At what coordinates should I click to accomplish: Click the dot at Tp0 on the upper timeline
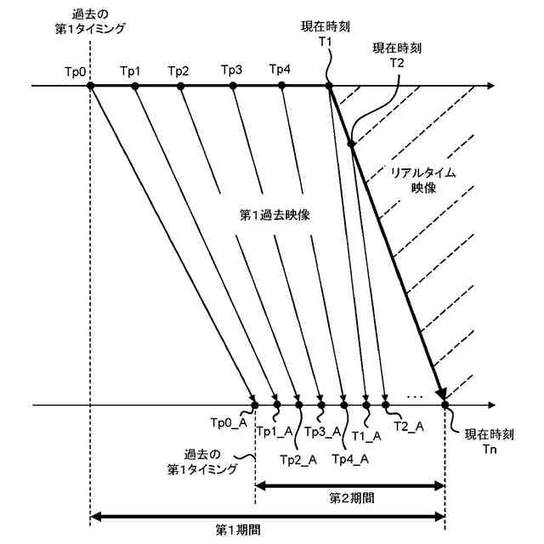[91, 86]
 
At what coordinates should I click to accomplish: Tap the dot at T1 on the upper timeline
[329, 86]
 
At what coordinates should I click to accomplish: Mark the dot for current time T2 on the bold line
[351, 144]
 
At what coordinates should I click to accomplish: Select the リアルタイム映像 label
[422, 179]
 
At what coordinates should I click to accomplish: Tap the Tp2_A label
[298, 460]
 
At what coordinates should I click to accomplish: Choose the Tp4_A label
[349, 460]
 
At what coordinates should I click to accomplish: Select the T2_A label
[409, 426]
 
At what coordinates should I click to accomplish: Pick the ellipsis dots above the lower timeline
[416, 395]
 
